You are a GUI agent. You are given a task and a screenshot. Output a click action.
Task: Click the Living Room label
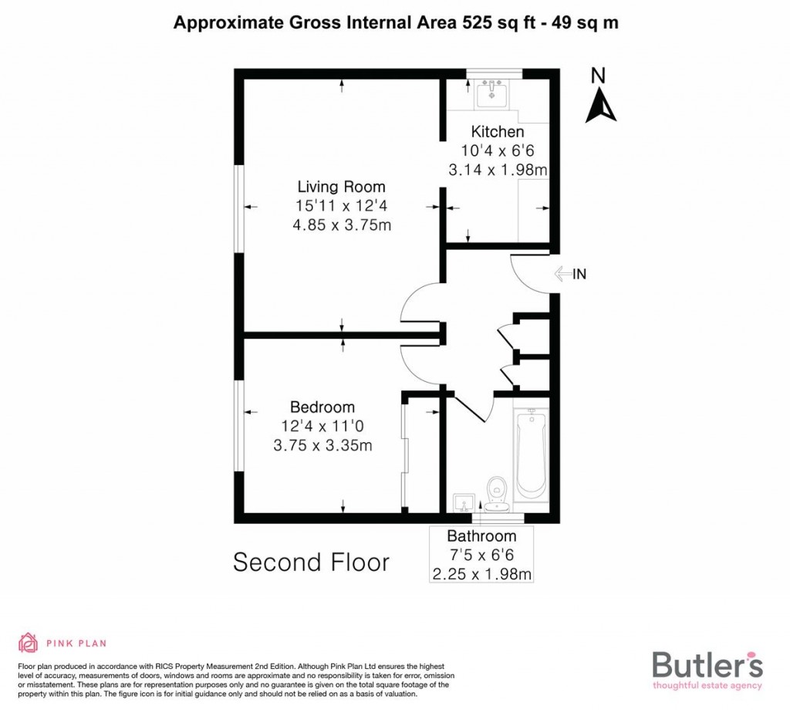click(341, 187)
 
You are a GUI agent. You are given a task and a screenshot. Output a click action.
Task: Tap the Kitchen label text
click(498, 132)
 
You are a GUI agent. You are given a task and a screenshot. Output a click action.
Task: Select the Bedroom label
click(322, 407)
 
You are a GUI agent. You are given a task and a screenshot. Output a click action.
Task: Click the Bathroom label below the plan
click(481, 536)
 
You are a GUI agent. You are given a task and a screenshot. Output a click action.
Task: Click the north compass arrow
click(600, 105)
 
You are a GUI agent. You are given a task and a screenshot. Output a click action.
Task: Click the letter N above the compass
click(597, 75)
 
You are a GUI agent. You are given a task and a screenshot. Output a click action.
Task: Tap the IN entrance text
click(580, 273)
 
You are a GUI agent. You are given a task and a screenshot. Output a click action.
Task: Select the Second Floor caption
click(311, 562)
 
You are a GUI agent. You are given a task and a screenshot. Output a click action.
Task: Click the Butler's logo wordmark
click(707, 664)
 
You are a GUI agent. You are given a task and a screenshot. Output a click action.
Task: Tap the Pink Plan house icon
click(28, 643)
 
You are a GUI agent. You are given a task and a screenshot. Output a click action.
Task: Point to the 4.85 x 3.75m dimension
click(341, 225)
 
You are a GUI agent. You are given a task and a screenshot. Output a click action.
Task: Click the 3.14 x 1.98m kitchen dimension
click(498, 170)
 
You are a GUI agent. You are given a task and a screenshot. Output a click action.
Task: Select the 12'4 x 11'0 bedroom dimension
click(322, 427)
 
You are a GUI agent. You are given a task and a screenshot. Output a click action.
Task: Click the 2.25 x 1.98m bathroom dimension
click(481, 574)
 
